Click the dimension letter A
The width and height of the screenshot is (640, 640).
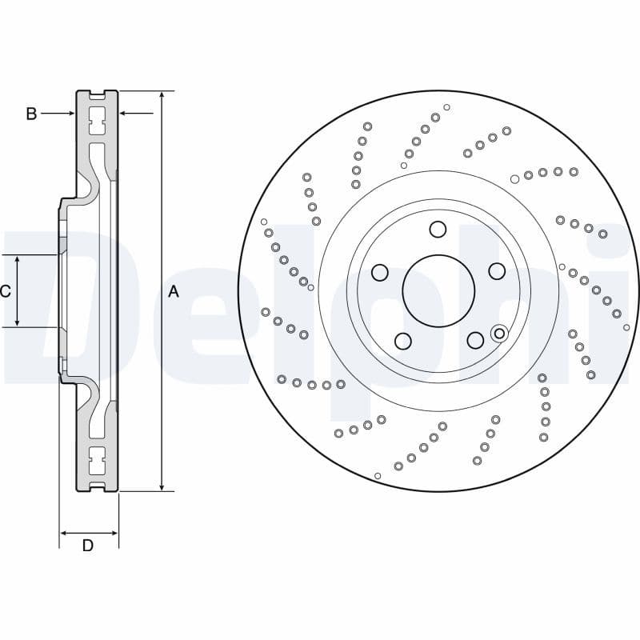(x=174, y=292)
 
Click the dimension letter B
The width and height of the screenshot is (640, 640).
(x=31, y=114)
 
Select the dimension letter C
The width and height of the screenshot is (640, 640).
(x=5, y=291)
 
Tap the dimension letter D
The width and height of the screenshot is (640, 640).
(x=88, y=546)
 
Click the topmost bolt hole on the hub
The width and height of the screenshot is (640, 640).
(x=437, y=230)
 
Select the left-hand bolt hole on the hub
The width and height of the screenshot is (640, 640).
(x=379, y=272)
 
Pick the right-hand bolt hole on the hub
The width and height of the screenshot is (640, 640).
(x=496, y=271)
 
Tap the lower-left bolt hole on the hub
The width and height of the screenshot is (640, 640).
(x=402, y=341)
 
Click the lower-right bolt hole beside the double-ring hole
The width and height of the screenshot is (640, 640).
(x=475, y=340)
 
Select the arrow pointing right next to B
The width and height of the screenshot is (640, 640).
(x=71, y=114)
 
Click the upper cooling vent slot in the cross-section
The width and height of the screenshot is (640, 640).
(x=98, y=124)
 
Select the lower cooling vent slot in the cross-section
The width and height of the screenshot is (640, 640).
(x=98, y=459)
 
